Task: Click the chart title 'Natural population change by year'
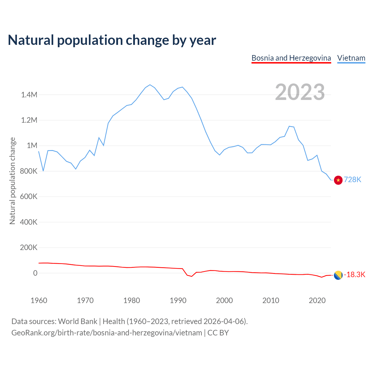112,40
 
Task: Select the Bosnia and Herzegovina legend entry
291,58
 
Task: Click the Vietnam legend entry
351,58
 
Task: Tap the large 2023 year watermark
300,92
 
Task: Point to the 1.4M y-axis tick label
29,95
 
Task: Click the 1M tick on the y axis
32,145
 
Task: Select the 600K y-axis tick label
29,196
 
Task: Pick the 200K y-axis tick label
29,247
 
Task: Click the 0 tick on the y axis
35,273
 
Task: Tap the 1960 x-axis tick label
39,300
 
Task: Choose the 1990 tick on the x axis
178,300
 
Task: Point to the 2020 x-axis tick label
317,300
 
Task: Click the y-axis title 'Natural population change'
13,181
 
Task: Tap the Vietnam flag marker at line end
338,180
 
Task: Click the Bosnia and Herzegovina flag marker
338,275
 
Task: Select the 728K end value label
353,180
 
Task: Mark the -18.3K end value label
355,275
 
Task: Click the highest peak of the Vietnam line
150,85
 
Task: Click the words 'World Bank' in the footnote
78,321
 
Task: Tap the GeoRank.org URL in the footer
107,333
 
